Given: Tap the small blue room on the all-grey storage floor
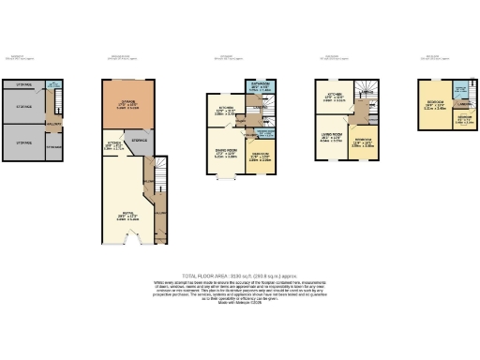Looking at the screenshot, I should (x=54, y=88).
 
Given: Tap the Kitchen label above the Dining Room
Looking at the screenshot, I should (x=225, y=112).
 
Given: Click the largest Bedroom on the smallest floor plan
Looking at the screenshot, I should (x=434, y=106).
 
